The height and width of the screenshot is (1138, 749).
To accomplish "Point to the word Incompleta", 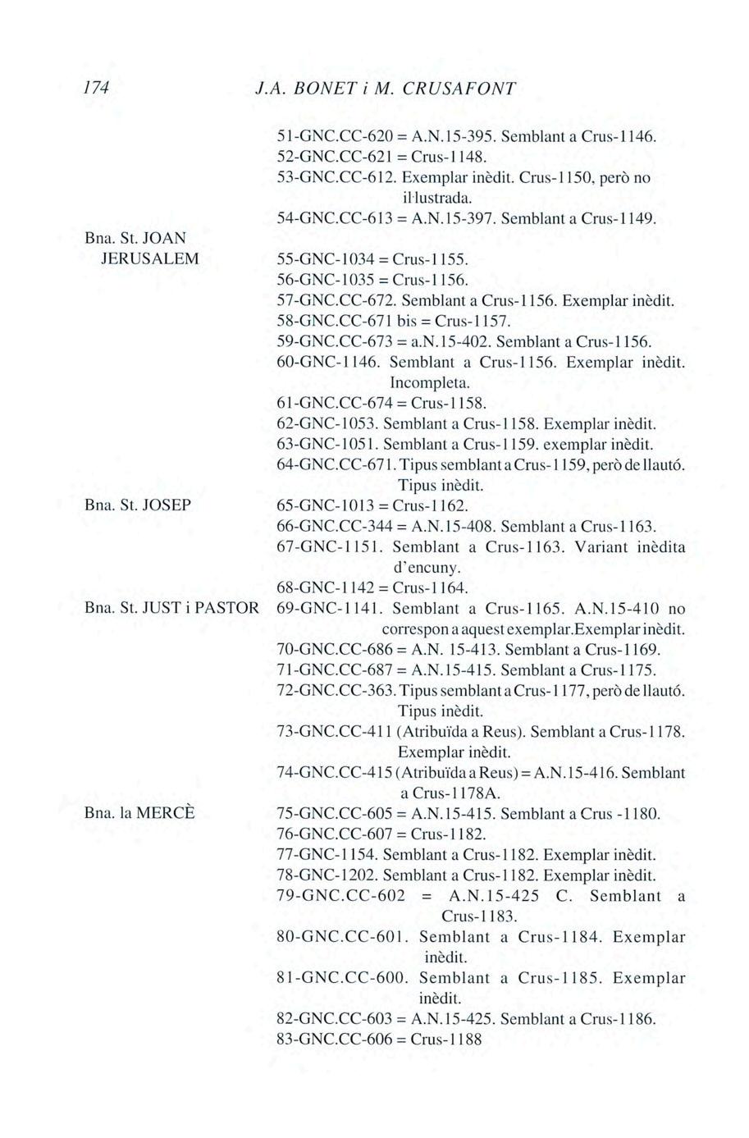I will (x=429, y=382).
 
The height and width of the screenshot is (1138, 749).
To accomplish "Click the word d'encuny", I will (x=427, y=567).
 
